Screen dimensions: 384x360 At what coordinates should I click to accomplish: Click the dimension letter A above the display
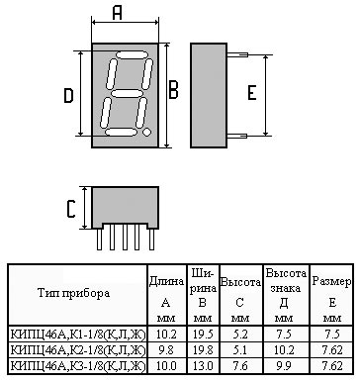[x=117, y=13]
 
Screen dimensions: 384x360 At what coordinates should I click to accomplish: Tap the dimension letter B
[x=174, y=90]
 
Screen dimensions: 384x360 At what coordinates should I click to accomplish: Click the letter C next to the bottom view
[x=70, y=209]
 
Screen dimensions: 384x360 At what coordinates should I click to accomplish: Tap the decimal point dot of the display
[x=145, y=129]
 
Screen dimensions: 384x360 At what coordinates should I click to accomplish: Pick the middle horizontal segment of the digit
[x=126, y=92]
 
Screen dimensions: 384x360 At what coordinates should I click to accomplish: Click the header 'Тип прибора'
[x=74, y=293]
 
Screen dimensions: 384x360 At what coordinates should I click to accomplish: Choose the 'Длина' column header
[x=165, y=281]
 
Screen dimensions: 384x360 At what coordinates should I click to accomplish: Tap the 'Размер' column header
[x=331, y=282]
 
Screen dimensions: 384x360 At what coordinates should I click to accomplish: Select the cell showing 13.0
[x=202, y=366]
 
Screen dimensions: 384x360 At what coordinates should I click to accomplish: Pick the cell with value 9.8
[x=165, y=350]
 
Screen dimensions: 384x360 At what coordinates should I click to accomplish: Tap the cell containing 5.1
[x=240, y=350]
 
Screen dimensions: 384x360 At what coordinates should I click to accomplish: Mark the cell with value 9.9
[x=284, y=366]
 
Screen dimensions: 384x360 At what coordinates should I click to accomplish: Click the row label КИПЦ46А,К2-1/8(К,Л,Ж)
[x=75, y=350]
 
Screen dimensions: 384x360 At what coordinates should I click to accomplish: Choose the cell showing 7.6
[x=240, y=366]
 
